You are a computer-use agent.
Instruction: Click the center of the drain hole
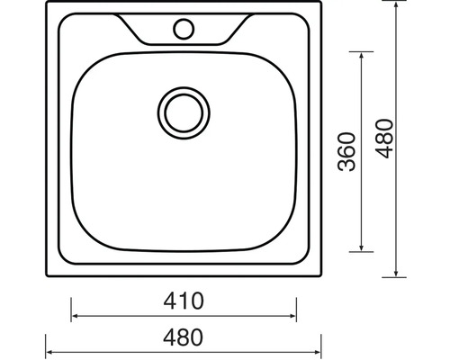coord(184,113)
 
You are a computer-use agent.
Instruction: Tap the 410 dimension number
coord(184,301)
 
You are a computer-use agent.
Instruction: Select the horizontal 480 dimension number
coord(183,337)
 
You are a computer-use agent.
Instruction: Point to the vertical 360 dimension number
coord(346,152)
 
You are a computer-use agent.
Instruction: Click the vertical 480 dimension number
coord(384,139)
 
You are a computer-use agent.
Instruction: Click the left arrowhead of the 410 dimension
coord(75,316)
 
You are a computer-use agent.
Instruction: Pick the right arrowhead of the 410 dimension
coord(292,316)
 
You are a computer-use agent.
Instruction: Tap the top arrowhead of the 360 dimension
coord(361,56)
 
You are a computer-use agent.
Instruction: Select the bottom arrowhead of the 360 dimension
coord(361,247)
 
